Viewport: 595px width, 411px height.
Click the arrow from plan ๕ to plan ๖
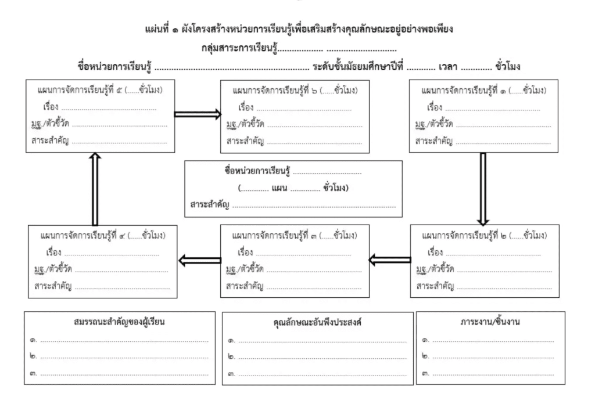pyautogui.click(x=198, y=114)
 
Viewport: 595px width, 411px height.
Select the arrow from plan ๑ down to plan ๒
pyautogui.click(x=483, y=189)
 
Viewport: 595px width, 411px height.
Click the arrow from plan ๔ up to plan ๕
pyautogui.click(x=95, y=189)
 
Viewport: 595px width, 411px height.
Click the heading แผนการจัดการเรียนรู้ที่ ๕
pyautogui.click(x=99, y=91)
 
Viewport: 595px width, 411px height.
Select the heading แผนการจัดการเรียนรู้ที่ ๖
pyautogui.click(x=294, y=91)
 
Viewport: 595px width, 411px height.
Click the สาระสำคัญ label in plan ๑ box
pyautogui.click(x=433, y=140)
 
